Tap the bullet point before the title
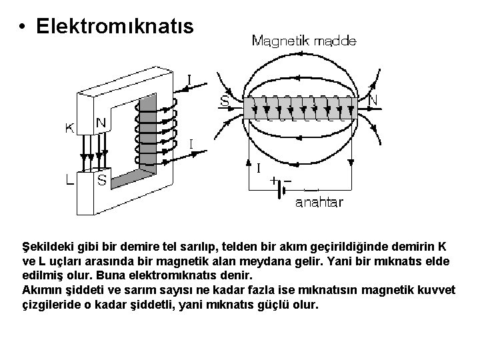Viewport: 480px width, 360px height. point(23,27)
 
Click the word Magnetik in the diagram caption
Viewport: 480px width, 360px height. point(280,41)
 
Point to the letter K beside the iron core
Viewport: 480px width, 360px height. point(69,129)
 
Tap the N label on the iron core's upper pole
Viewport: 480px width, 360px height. point(101,123)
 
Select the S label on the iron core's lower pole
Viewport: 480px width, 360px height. point(101,180)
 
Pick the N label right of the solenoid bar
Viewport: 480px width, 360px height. point(373,100)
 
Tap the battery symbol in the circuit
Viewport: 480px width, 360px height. point(282,189)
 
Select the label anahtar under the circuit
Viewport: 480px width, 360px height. point(319,202)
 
